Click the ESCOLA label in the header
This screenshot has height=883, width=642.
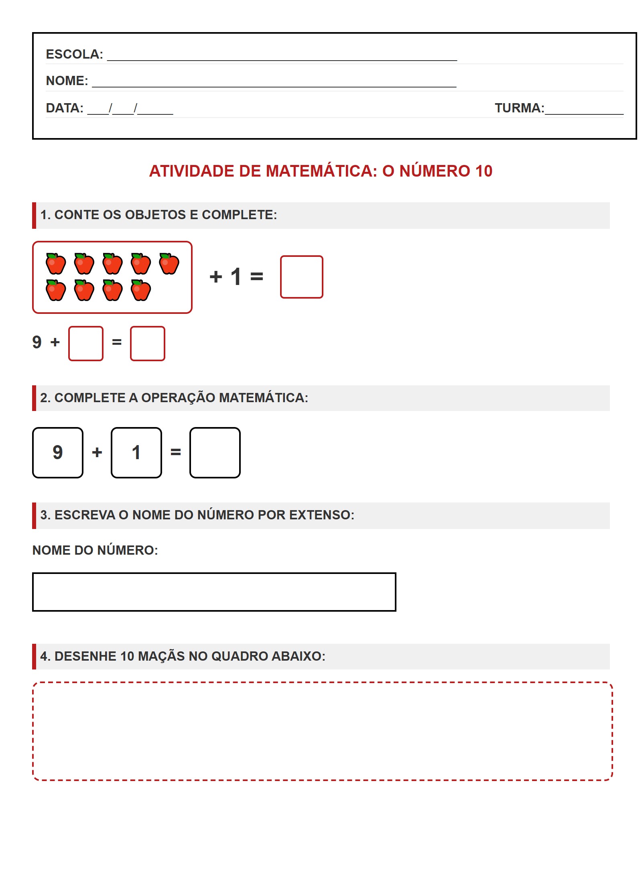74,54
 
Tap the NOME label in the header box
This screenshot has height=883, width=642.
67,81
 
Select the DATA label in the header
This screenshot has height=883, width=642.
64,108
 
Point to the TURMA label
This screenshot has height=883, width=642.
519,108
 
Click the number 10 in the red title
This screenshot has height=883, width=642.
484,171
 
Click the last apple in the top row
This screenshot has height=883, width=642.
169,264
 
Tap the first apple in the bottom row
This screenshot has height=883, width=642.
56,290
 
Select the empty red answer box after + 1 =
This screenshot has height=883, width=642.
301,277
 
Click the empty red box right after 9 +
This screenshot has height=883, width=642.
86,344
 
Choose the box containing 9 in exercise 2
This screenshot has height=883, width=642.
58,453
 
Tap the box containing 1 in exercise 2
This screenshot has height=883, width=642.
136,453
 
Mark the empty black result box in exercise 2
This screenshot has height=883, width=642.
215,453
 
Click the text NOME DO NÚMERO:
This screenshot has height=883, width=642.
95,550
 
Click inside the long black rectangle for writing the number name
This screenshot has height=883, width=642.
214,592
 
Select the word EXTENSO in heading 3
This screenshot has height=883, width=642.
321,515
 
